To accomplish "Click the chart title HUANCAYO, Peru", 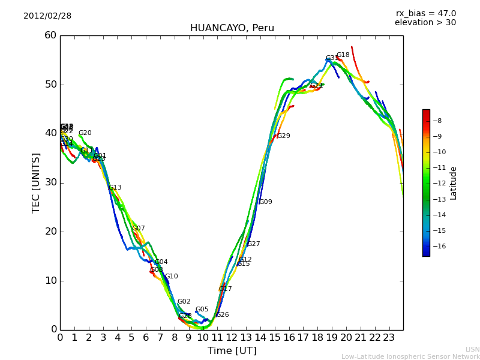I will click(x=232, y=28).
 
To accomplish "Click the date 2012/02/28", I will click(x=47, y=16).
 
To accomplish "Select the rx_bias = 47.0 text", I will click(x=425, y=14).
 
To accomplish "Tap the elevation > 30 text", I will click(x=425, y=23).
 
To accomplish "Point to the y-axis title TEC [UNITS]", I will click(x=36, y=182).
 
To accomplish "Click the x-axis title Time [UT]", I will click(x=232, y=351).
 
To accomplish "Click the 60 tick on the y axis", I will click(x=50, y=35).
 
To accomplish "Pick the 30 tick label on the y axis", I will click(x=50, y=182).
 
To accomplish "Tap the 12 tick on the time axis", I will click(x=232, y=338).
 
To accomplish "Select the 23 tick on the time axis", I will click(x=389, y=338).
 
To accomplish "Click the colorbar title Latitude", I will click(x=454, y=183).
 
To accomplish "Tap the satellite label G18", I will click(x=343, y=55).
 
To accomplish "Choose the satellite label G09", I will click(x=265, y=202).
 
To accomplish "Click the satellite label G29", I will click(x=283, y=136).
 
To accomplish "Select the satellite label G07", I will click(x=138, y=229).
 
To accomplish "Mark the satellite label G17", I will click(x=225, y=289).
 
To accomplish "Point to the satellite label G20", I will click(x=85, y=133).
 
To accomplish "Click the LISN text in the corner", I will click(x=472, y=349).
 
